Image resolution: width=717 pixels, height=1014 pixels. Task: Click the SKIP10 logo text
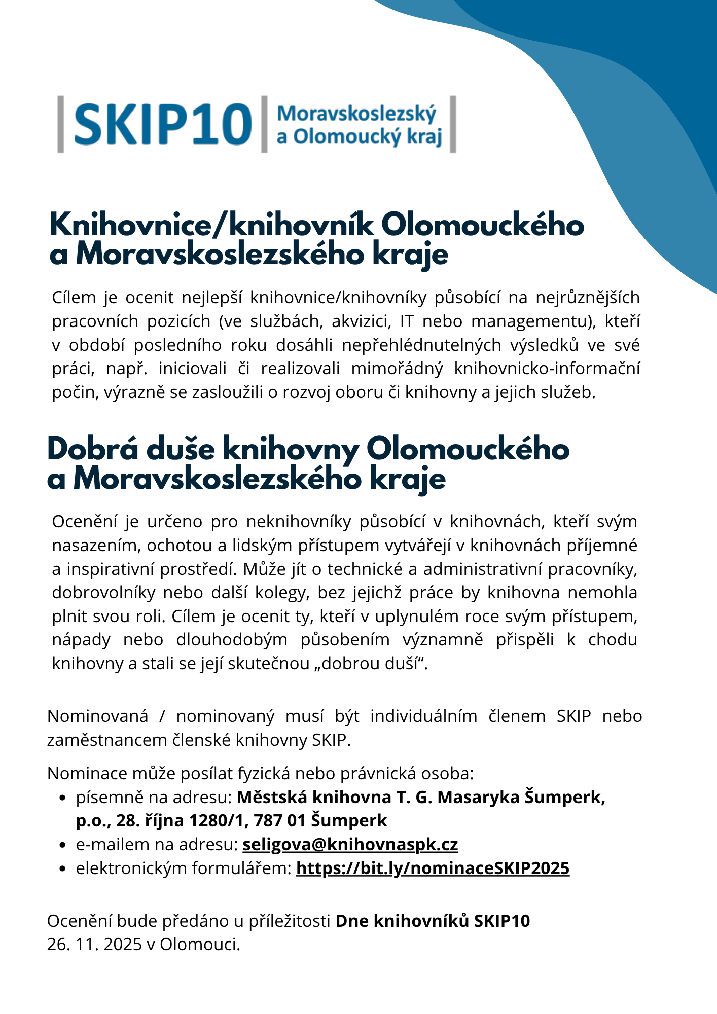click(x=162, y=124)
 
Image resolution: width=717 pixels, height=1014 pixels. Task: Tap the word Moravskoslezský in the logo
click(x=356, y=114)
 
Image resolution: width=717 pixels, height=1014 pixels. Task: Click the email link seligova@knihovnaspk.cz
click(x=350, y=844)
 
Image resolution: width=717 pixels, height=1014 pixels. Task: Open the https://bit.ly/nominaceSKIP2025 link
click(x=433, y=868)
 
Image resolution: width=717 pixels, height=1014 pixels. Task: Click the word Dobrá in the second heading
click(x=93, y=449)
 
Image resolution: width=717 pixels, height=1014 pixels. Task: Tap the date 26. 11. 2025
click(x=94, y=944)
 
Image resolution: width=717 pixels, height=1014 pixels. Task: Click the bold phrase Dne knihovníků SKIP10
click(x=433, y=920)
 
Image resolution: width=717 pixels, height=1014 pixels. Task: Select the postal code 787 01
click(x=279, y=820)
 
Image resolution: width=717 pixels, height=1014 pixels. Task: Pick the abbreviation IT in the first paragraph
click(x=407, y=321)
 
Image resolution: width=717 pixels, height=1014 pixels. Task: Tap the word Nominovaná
click(x=98, y=716)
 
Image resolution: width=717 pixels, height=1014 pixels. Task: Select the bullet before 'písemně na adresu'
click(x=63, y=798)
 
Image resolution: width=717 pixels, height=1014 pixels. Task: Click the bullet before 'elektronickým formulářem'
click(x=63, y=868)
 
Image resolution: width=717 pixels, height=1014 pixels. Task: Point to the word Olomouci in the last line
click(x=200, y=944)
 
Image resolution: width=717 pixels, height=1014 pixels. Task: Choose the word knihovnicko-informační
click(x=547, y=368)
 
